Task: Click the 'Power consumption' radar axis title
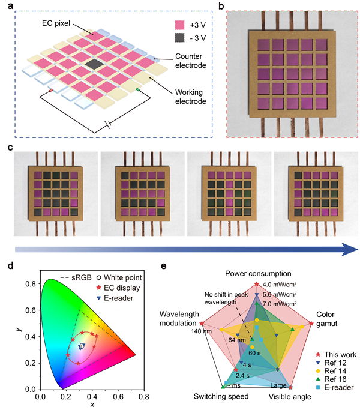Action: (258, 274)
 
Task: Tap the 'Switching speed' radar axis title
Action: (216, 397)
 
